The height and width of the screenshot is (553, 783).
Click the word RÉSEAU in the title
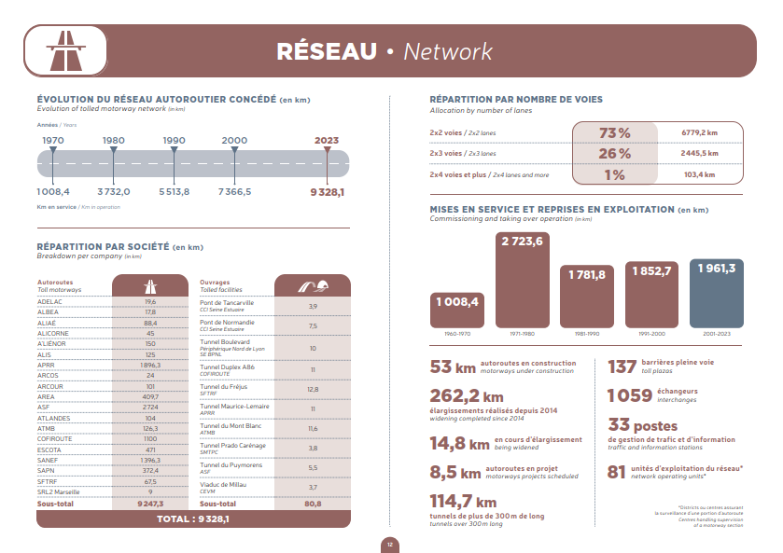pyautogui.click(x=326, y=51)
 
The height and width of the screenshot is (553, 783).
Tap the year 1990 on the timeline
pyautogui.click(x=174, y=140)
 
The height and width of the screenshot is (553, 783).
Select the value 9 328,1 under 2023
pyautogui.click(x=327, y=191)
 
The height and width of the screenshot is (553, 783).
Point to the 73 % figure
pyautogui.click(x=614, y=132)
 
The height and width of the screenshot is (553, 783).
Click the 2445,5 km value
pyautogui.click(x=699, y=153)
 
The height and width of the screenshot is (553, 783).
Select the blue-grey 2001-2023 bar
pyautogui.click(x=716, y=294)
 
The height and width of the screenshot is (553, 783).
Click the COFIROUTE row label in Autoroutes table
pyautogui.click(x=56, y=438)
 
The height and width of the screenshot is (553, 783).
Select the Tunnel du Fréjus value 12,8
pyautogui.click(x=313, y=389)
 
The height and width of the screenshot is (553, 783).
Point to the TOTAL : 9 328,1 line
pyautogui.click(x=193, y=518)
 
